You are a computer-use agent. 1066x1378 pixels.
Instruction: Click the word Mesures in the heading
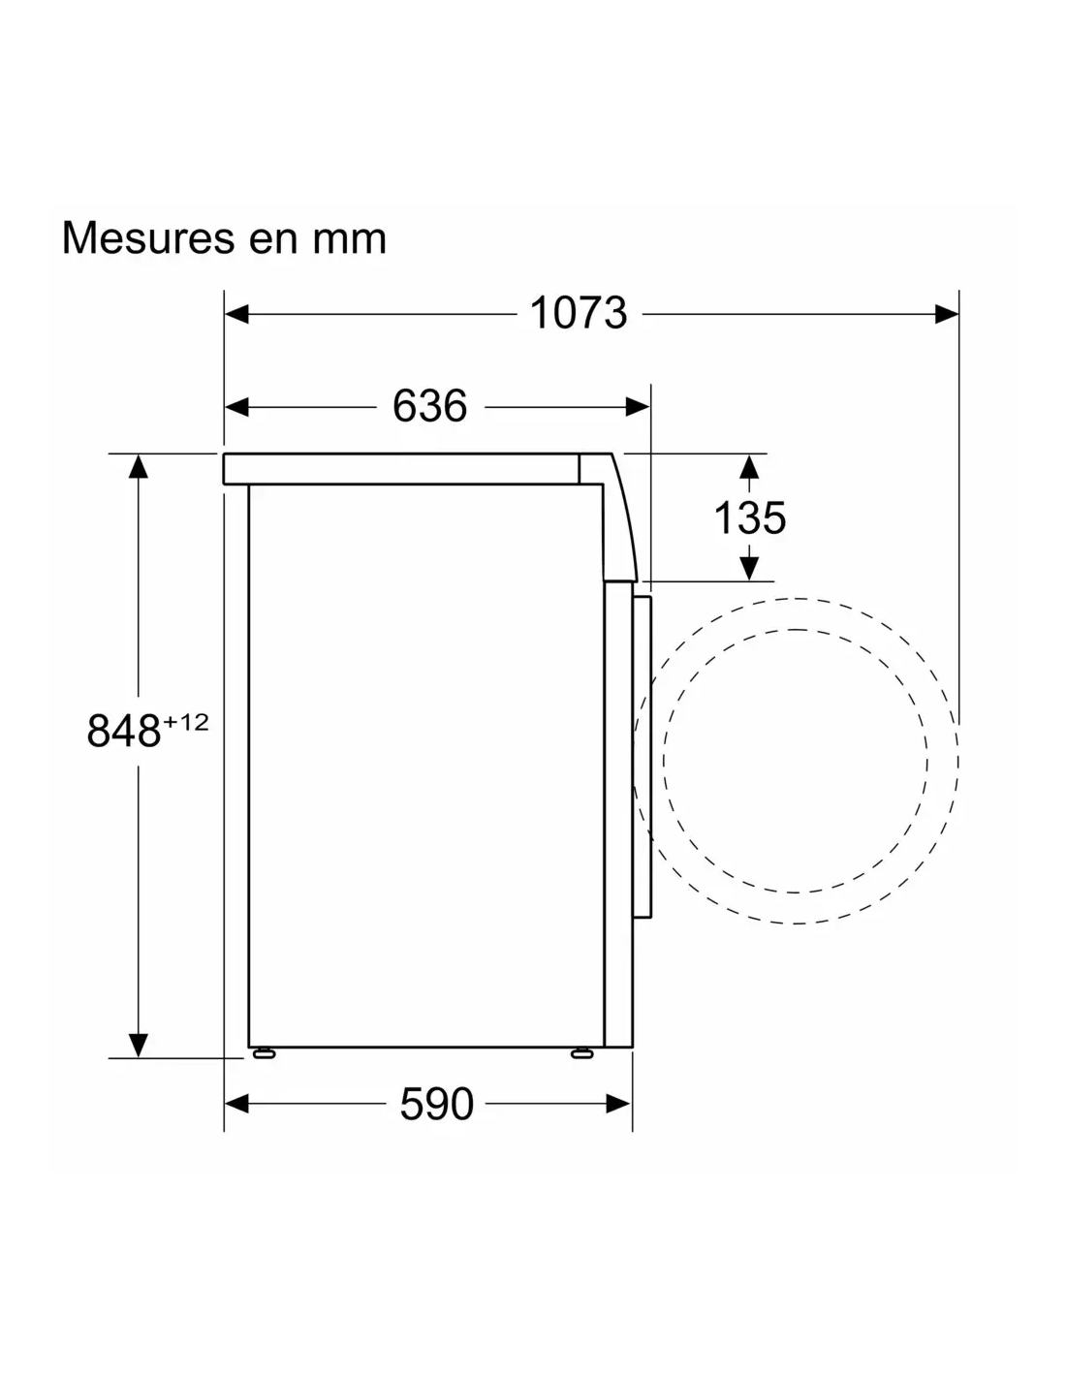(x=148, y=237)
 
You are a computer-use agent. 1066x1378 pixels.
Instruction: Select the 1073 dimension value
(x=578, y=313)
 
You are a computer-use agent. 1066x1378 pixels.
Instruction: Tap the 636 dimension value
(x=429, y=406)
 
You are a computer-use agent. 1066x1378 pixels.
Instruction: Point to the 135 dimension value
(x=749, y=518)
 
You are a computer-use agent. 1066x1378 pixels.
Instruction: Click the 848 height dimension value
(x=123, y=731)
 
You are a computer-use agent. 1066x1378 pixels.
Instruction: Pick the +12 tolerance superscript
(x=186, y=722)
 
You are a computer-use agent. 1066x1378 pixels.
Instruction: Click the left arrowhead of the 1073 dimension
(x=236, y=314)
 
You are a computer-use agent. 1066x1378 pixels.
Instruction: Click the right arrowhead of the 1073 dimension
(x=946, y=314)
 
